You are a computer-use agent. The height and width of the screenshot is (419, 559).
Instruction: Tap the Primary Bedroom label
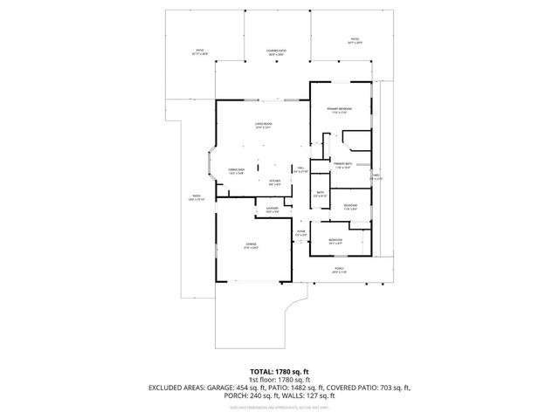point(339,110)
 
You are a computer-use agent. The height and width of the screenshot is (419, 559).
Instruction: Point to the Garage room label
point(252,246)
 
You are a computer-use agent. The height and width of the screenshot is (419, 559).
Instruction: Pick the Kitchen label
point(273,182)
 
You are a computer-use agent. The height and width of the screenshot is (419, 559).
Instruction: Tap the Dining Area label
point(237,171)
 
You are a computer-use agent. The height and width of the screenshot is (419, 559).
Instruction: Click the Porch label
point(340,271)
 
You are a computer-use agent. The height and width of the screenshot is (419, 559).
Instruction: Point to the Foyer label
point(300,233)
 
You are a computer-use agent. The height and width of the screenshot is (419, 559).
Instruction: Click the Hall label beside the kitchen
point(300,169)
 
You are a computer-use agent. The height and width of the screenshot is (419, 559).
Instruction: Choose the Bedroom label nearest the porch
point(335,241)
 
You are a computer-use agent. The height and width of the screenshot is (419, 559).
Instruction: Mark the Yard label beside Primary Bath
point(377,176)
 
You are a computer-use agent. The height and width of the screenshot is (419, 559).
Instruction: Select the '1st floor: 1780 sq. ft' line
point(279,381)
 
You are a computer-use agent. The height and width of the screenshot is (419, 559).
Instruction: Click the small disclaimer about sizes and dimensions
point(279,407)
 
